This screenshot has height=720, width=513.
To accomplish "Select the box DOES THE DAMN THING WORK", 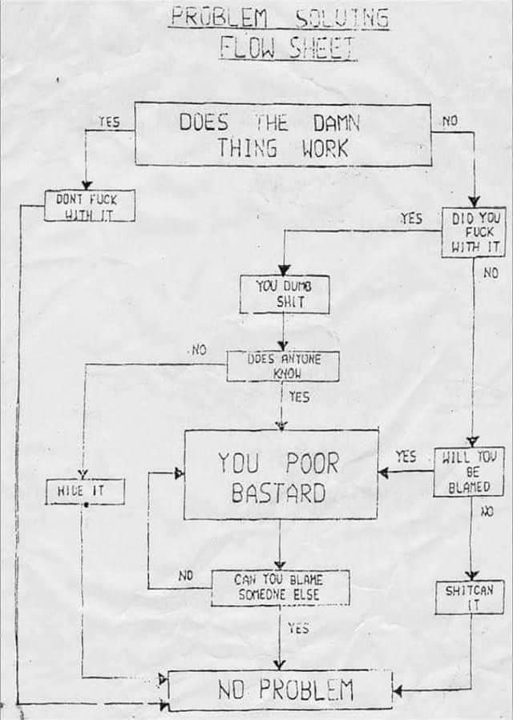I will click(282, 135).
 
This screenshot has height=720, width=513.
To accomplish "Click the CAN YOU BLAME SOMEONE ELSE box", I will click(281, 588).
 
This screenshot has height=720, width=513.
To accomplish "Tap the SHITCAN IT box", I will click(470, 597).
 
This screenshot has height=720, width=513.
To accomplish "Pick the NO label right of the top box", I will click(450, 122).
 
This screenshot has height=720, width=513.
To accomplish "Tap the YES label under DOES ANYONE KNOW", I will click(298, 396).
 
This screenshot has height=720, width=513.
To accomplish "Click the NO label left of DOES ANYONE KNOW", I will click(199, 350).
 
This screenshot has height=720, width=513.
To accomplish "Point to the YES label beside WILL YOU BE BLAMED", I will click(406, 457).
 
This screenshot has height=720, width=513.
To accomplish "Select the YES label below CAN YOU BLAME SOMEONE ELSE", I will click(298, 629).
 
